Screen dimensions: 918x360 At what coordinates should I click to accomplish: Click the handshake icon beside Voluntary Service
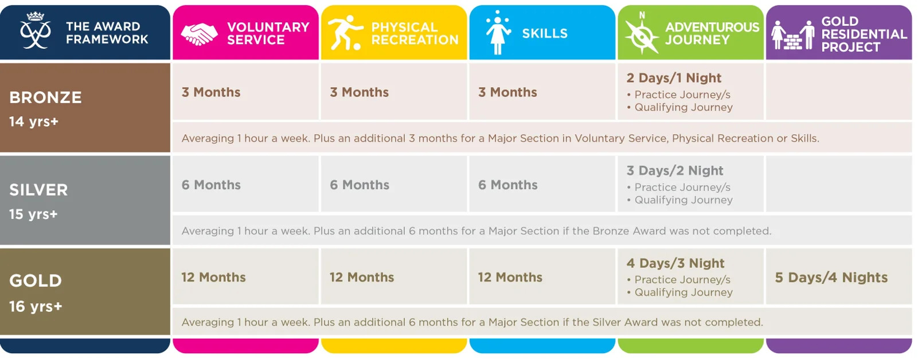199,34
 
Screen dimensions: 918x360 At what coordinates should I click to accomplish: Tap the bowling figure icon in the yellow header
345,33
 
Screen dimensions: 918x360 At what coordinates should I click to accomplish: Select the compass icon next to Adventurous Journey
641,34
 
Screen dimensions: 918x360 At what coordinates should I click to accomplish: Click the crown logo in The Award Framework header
35,30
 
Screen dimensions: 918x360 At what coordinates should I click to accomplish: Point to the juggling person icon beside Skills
498,33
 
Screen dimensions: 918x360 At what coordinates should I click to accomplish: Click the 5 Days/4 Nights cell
831,277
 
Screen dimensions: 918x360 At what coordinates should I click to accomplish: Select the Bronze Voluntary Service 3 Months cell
245,92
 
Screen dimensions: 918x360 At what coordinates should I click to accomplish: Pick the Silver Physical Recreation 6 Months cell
394,185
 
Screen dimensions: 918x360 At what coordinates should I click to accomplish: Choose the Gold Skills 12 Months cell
542,277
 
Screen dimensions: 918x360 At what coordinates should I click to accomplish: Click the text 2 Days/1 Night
674,78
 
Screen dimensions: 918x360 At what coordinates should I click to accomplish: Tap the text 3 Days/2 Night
674,170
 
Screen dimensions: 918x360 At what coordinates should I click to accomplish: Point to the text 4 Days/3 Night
675,263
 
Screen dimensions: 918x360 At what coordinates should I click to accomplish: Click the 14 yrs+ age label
34,122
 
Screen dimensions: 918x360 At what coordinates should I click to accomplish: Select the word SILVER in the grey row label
38,190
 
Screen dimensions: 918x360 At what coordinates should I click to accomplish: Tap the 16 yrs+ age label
36,306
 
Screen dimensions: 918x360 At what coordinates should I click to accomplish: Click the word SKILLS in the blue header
545,33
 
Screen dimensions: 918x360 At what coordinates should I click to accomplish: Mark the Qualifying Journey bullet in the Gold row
680,292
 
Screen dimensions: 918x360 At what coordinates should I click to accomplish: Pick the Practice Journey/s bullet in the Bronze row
679,95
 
